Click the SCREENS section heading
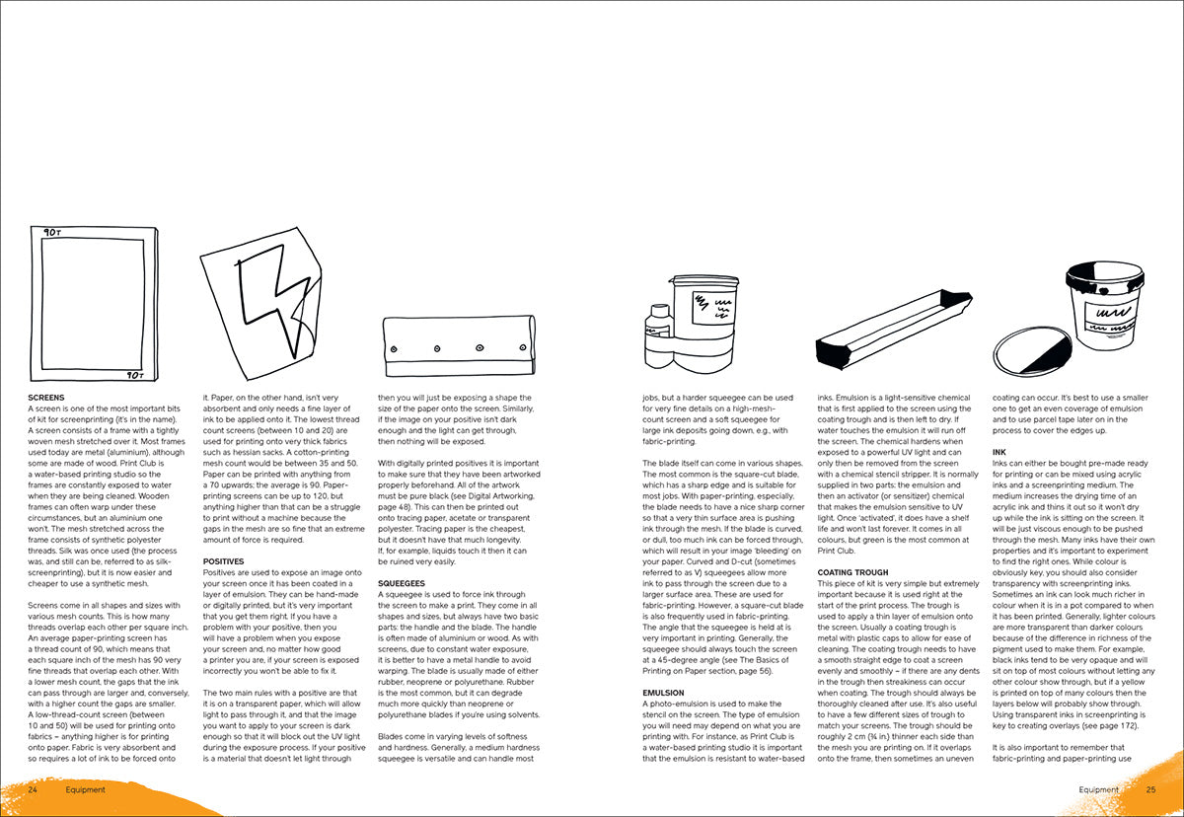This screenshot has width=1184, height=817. (x=46, y=398)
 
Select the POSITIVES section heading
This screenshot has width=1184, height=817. (x=224, y=561)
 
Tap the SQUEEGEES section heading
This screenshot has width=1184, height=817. (x=402, y=583)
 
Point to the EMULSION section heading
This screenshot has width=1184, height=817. (x=663, y=693)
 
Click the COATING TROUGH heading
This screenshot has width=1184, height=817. (x=853, y=572)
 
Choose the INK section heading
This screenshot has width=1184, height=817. (x=999, y=452)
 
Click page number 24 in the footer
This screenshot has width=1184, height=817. (x=33, y=789)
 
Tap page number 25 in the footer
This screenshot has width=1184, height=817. (x=1150, y=789)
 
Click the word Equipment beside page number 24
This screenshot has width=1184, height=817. (x=86, y=789)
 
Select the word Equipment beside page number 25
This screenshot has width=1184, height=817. (x=1098, y=789)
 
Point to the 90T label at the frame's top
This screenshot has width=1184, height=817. (x=52, y=233)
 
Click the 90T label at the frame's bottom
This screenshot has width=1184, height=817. (x=135, y=375)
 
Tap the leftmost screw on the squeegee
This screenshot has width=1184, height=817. (x=394, y=349)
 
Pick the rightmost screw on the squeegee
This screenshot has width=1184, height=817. (x=523, y=347)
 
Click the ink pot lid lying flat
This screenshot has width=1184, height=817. (x=1032, y=351)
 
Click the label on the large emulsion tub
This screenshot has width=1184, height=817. (x=713, y=308)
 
